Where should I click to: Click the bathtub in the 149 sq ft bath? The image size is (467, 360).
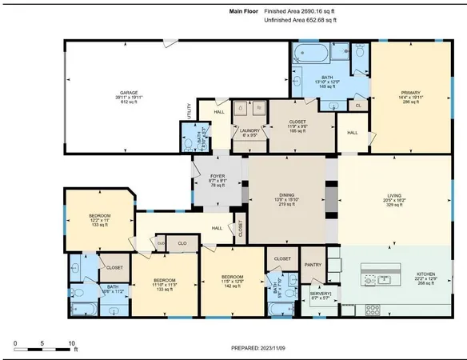click(311, 55)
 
